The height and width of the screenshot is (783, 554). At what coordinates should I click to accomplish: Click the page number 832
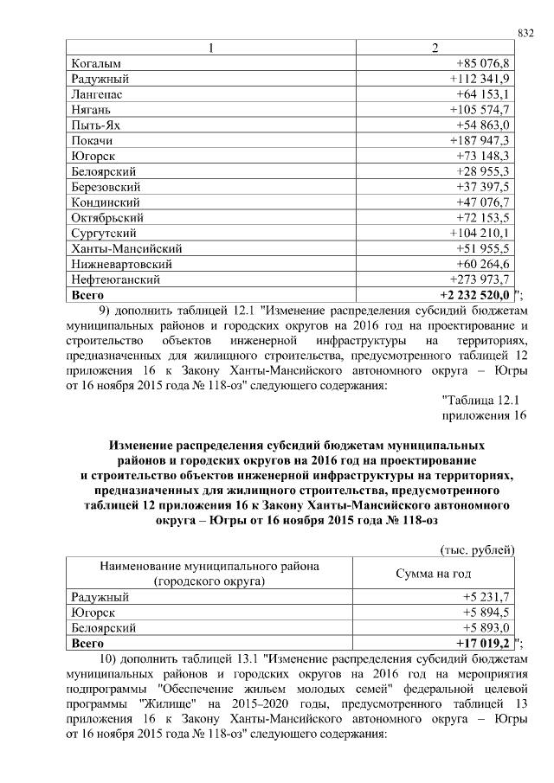click(x=526, y=32)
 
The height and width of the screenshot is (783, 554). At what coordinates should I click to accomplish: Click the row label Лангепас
click(x=96, y=94)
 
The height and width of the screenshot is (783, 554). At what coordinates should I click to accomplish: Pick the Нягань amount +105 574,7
click(x=482, y=110)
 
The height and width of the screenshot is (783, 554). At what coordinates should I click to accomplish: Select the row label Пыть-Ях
click(x=94, y=125)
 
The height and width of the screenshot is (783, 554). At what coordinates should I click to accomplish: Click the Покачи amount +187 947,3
click(x=482, y=140)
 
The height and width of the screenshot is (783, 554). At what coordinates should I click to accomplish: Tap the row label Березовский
click(x=106, y=187)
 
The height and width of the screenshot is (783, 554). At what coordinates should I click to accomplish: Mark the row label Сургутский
click(x=103, y=233)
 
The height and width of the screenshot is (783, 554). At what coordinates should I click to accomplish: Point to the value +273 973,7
click(x=482, y=279)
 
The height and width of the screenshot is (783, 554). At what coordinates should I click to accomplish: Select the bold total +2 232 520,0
click(x=475, y=295)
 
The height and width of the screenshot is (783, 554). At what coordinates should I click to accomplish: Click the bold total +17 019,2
click(x=483, y=644)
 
